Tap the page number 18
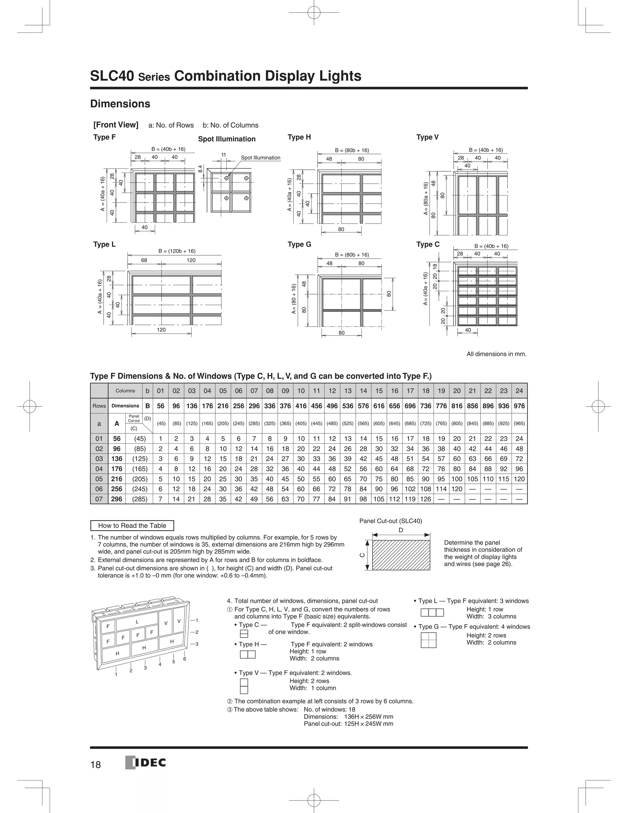point(96,765)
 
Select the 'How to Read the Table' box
point(132,526)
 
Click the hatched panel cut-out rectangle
point(401,555)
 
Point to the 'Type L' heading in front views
point(105,244)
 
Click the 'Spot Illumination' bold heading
point(227,139)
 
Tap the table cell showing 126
point(426,499)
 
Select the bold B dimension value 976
point(519,406)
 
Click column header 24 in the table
point(519,391)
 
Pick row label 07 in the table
point(99,499)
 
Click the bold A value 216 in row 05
point(117,479)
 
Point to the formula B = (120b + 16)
point(177,251)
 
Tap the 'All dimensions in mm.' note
point(496,354)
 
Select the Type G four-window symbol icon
point(429,640)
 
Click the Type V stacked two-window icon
point(244,686)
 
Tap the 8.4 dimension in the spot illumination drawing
point(200,169)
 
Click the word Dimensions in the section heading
point(120,104)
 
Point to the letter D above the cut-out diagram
point(401,530)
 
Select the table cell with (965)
point(519,424)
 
